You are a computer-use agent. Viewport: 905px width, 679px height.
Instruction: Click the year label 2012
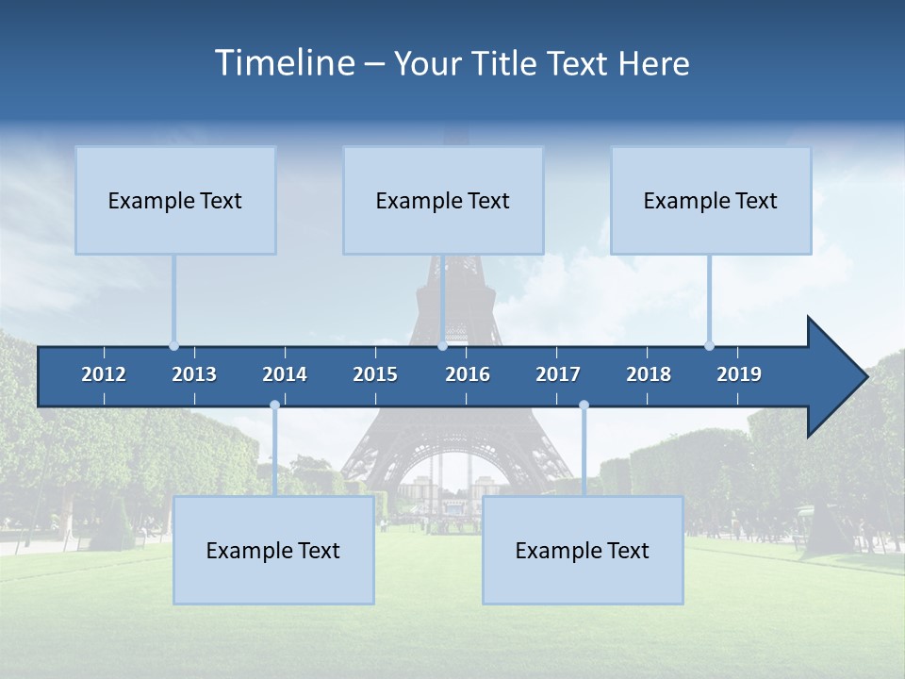tap(104, 374)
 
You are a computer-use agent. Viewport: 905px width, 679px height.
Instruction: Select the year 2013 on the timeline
tap(194, 374)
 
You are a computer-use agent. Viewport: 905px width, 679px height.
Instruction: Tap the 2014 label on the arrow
tap(285, 374)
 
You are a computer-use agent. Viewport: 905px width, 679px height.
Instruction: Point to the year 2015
tap(375, 374)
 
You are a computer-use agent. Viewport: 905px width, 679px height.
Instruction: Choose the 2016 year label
tap(468, 374)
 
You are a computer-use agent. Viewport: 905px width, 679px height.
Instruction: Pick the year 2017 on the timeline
tap(558, 374)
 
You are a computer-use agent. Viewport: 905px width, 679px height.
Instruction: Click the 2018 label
tap(649, 374)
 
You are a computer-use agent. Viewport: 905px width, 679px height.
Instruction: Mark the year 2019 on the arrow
tap(739, 374)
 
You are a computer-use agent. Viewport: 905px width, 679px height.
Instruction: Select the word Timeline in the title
tap(284, 62)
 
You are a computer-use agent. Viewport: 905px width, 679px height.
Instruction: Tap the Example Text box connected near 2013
tap(175, 200)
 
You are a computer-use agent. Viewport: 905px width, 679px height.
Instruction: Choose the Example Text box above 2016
tap(443, 200)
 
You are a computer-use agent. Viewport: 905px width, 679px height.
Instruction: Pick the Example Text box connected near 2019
tap(711, 200)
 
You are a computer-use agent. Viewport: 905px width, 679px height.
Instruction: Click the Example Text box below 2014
tap(273, 550)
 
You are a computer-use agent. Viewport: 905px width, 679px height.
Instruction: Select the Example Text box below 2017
tap(583, 550)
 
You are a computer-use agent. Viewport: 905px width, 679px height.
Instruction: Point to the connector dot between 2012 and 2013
tap(173, 345)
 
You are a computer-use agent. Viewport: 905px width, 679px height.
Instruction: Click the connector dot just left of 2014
tap(274, 406)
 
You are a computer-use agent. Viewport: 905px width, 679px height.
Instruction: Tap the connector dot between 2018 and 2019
tap(709, 345)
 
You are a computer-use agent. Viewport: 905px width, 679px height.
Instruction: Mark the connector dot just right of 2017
tap(584, 406)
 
